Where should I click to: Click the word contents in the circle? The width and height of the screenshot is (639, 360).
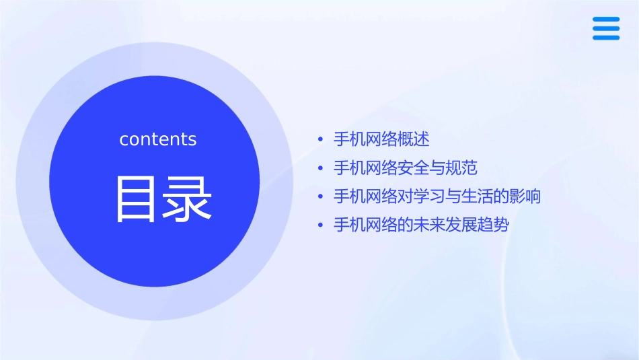point(158,139)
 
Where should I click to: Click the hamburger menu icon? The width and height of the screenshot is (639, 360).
point(606,29)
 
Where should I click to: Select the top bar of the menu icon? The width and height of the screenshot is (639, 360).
point(606,20)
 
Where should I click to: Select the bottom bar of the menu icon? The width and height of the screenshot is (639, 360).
point(606,38)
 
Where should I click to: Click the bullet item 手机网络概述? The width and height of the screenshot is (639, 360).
point(381,139)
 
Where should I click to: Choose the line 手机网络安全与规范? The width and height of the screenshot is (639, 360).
point(406,168)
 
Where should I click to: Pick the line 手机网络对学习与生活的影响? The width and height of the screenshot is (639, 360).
point(437,196)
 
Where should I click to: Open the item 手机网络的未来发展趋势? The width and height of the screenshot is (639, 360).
point(421,225)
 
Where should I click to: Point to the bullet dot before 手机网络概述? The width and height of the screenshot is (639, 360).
point(321,140)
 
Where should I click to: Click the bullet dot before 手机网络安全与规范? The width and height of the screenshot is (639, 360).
point(321,168)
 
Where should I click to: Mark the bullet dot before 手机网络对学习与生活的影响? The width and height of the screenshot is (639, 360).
point(321,197)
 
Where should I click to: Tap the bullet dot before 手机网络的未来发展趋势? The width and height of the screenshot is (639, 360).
point(321,225)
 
